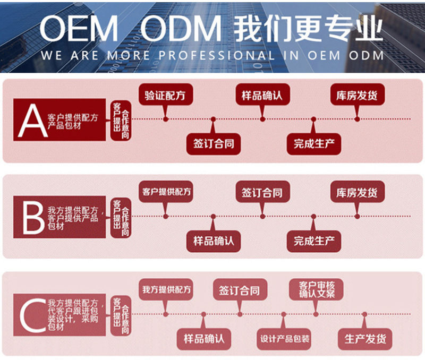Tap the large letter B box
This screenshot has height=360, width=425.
click(x=31, y=217)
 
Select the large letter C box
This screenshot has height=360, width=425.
click(x=31, y=314)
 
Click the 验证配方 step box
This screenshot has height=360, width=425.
click(x=166, y=96)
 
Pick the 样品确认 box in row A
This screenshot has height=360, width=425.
click(x=262, y=96)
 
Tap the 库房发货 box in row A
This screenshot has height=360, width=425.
click(x=357, y=96)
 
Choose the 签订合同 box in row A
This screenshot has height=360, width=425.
click(x=213, y=143)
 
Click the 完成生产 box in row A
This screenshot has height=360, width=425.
click(x=313, y=143)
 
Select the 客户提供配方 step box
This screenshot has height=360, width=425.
click(x=166, y=192)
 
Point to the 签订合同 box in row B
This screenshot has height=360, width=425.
click(x=262, y=192)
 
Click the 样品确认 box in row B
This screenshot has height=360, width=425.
click(x=213, y=241)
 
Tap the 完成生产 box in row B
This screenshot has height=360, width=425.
click(x=313, y=241)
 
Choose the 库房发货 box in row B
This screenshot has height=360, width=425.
click(x=357, y=192)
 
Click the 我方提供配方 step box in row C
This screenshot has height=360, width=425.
click(x=166, y=290)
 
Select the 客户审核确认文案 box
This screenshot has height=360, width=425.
click(x=316, y=290)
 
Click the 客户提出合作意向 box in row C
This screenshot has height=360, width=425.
click(x=121, y=314)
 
